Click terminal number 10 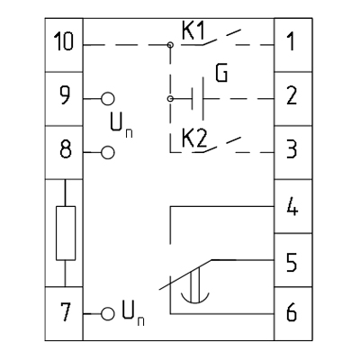click(64, 41)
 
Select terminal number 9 click(64, 95)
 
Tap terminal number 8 click(66, 149)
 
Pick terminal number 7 click(66, 312)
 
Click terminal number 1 click(291, 41)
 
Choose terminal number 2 click(292, 95)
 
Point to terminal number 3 click(292, 149)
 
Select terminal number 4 click(292, 207)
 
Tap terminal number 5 click(292, 263)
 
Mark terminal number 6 click(292, 312)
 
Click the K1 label click(193, 31)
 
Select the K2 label click(194, 139)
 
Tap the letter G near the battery click(221, 73)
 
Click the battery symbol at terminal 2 click(198, 99)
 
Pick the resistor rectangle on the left click(66, 233)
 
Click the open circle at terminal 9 click(108, 99)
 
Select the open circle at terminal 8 click(108, 152)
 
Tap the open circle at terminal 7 click(108, 314)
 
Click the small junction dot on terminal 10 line click(170, 45)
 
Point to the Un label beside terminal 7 click(133, 313)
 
